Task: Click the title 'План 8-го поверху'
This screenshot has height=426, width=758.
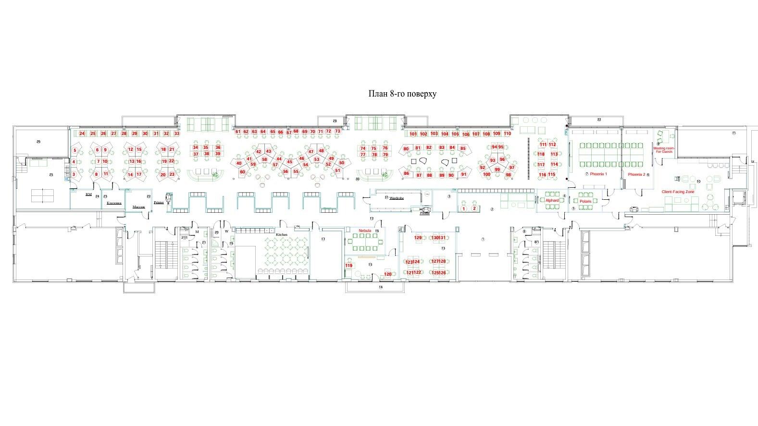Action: coord(402,94)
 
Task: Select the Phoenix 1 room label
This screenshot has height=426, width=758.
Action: coord(598,174)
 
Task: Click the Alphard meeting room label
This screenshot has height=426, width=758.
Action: coord(552,200)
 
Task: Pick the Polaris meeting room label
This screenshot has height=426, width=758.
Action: coord(585,201)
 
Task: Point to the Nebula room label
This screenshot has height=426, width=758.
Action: coord(365,231)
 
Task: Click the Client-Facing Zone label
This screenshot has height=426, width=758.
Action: coord(678,192)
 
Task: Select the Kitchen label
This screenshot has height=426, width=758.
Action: coord(281,234)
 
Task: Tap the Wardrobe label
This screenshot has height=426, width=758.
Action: coord(397,198)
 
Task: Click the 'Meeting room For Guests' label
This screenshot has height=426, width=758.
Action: coord(664,150)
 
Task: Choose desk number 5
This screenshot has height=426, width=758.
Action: coord(75,150)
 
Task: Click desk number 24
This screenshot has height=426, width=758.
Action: coord(82,134)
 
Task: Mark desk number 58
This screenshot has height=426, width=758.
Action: coord(264,159)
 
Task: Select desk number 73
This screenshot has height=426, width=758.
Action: coord(337,131)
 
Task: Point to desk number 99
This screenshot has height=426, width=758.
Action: coord(497,170)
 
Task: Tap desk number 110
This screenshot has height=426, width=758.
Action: coord(507,134)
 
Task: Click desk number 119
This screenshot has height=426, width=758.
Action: coord(349,266)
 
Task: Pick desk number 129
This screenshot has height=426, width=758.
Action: coord(418,238)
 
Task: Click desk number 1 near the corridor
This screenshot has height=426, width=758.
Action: coord(463,208)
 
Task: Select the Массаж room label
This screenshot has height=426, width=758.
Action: coord(138,207)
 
